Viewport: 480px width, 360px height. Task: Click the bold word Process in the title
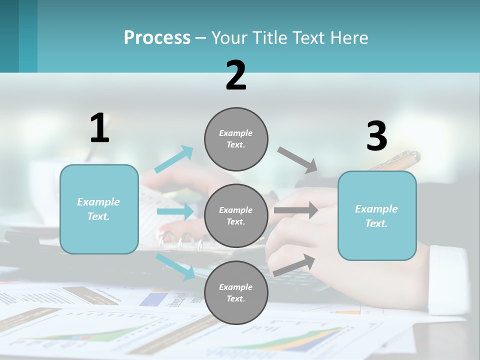(x=157, y=37)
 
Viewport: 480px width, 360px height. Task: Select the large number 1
(x=99, y=128)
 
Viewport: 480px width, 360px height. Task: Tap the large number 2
(x=236, y=75)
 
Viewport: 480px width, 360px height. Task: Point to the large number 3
(x=376, y=136)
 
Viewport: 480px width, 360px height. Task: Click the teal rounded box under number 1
(x=99, y=209)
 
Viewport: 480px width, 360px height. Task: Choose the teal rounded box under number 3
(x=377, y=216)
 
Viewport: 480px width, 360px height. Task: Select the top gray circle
(x=236, y=139)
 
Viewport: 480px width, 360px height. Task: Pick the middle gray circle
(x=236, y=215)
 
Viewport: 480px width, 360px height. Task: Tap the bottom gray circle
(x=236, y=292)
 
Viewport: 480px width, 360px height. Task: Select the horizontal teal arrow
(x=175, y=211)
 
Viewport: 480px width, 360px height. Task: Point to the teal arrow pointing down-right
(x=175, y=265)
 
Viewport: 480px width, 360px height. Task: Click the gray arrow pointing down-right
(x=297, y=160)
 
